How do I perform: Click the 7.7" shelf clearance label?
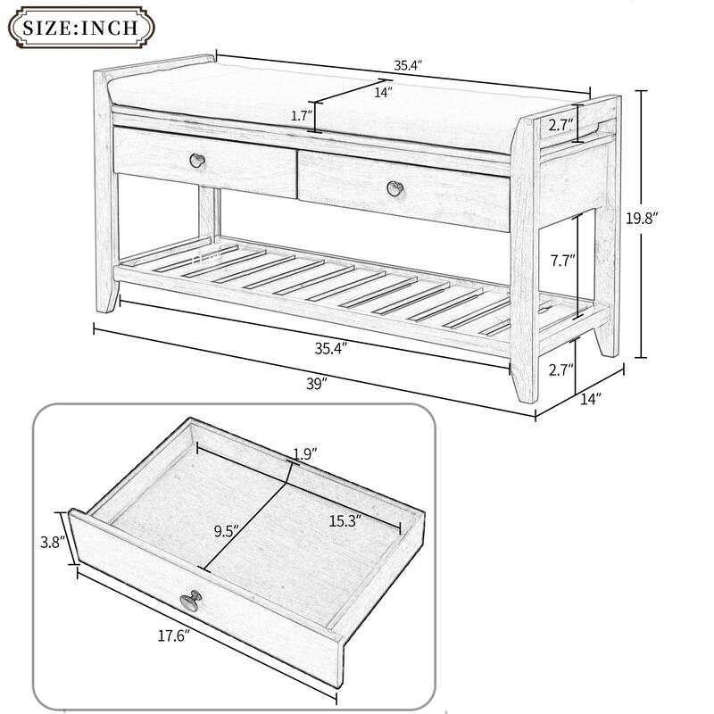[563, 262]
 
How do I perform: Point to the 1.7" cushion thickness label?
[301, 116]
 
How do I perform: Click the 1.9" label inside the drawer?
[307, 453]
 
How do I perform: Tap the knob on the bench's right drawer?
[394, 187]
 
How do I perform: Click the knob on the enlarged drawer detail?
[188, 602]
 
